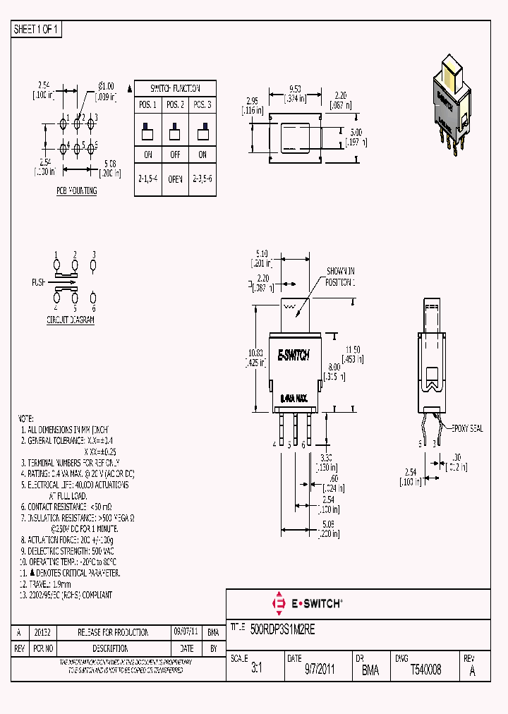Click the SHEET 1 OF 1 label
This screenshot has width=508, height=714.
[37, 29]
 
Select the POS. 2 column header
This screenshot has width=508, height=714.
[174, 104]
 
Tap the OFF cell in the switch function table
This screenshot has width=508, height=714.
[174, 155]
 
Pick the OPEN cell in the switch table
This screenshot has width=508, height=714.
[174, 179]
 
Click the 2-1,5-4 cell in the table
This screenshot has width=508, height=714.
[148, 179]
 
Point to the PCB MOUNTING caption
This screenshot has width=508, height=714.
[77, 191]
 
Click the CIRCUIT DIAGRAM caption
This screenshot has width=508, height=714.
[71, 320]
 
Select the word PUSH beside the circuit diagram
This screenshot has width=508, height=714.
[39, 282]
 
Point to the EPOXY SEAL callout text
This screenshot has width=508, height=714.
[464, 428]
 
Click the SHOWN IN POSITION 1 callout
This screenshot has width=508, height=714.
[340, 277]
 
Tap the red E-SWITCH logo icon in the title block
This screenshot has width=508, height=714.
[277, 603]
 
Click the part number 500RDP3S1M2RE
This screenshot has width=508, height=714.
[283, 627]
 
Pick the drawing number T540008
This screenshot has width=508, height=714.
[425, 670]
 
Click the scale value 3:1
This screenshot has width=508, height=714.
[256, 670]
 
